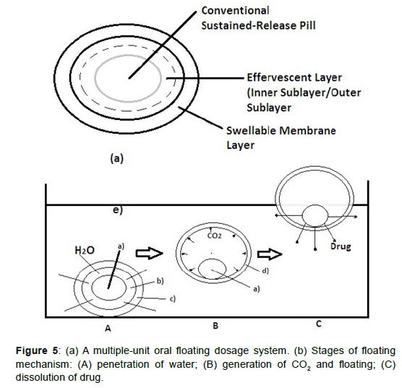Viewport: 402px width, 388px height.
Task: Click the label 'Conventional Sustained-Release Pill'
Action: tap(258, 18)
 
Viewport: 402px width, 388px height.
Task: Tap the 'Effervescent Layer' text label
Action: tap(294, 77)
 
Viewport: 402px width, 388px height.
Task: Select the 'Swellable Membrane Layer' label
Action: tap(281, 137)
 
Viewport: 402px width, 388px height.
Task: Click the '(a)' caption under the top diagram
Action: tap(117, 158)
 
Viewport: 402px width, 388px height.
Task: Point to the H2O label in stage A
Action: tap(85, 250)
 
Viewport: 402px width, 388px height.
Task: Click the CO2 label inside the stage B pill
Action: tap(214, 236)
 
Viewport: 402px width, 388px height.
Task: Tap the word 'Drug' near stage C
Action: tap(341, 246)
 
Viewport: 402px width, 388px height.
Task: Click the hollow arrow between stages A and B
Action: tap(149, 253)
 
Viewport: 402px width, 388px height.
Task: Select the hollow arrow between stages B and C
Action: tap(270, 254)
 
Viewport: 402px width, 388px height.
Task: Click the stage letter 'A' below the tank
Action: tap(108, 328)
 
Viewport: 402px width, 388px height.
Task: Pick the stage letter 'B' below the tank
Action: tap(215, 326)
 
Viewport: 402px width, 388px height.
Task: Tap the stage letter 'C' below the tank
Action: tap(319, 324)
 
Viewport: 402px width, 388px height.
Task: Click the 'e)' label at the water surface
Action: tap(118, 210)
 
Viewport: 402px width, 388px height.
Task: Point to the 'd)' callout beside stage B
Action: tap(265, 271)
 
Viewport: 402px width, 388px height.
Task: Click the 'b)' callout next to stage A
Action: tap(161, 281)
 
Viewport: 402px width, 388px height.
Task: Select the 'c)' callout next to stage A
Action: tap(173, 298)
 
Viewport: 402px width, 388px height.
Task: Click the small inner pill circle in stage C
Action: tap(302, 216)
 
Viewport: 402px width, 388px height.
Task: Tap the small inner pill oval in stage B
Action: tap(199, 269)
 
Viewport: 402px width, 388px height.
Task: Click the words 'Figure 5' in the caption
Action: tap(37, 350)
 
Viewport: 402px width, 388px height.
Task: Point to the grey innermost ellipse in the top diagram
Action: tap(95, 76)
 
